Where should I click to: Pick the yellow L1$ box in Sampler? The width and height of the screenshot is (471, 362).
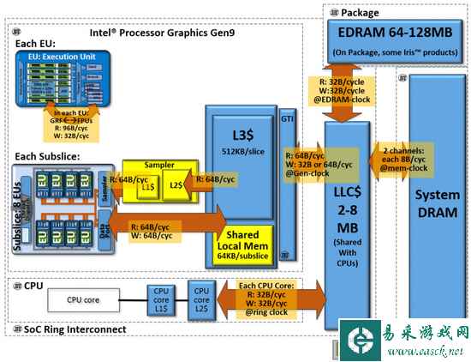pyautogui.click(x=148, y=184)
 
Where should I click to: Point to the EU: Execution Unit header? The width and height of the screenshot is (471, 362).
pyautogui.click(x=65, y=56)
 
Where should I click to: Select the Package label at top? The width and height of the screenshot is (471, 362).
pyautogui.click(x=361, y=12)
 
